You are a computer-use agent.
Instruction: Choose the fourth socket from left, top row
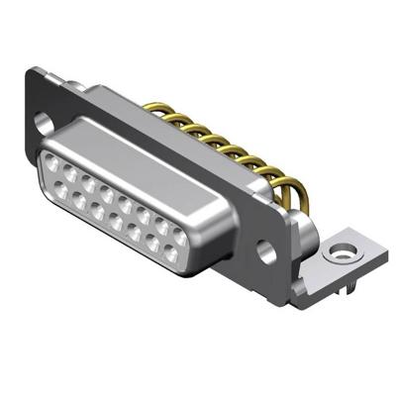coord(104,187)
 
